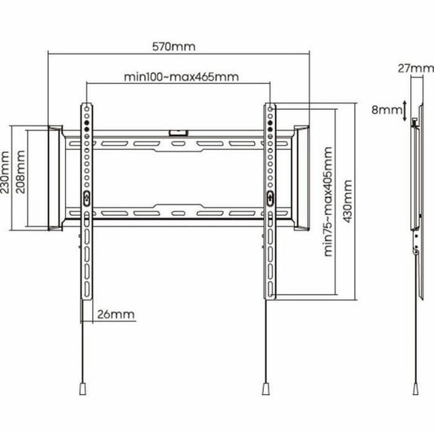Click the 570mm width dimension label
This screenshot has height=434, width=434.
(173, 46)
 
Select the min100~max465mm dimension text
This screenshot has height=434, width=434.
(182, 77)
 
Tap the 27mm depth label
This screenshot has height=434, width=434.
(415, 68)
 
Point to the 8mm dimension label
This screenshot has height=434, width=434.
(387, 110)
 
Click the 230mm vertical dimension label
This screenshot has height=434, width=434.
(5, 172)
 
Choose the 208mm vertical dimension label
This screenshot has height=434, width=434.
(20, 172)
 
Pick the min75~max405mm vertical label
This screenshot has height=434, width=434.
(327, 201)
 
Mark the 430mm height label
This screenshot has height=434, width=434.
(348, 201)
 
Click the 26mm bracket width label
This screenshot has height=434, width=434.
(116, 314)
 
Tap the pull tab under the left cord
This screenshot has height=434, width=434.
(82, 388)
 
